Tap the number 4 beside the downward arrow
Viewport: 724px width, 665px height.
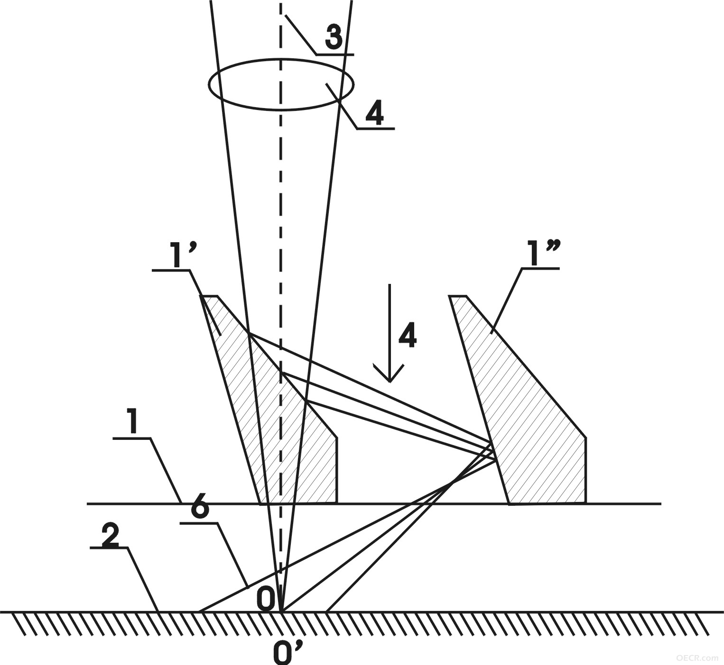click(x=408, y=336)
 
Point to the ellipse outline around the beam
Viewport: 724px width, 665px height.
click(x=281, y=59)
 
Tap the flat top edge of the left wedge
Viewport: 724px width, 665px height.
click(x=209, y=296)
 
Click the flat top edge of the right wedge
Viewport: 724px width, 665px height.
click(x=458, y=296)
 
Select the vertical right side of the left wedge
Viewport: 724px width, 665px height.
click(x=337, y=471)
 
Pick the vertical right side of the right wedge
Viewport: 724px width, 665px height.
click(x=585, y=471)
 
